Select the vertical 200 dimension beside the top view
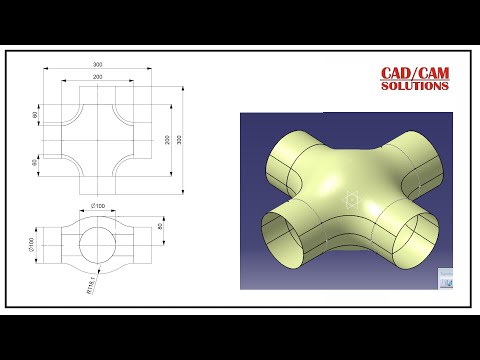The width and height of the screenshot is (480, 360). click(x=167, y=139)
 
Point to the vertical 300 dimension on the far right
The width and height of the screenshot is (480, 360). click(x=180, y=139)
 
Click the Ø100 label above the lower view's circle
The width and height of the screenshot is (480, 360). click(x=98, y=206)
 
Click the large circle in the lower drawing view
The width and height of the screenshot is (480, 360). click(x=98, y=240)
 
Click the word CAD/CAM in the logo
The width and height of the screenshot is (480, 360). click(x=414, y=74)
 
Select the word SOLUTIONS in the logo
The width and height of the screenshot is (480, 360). click(x=414, y=86)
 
